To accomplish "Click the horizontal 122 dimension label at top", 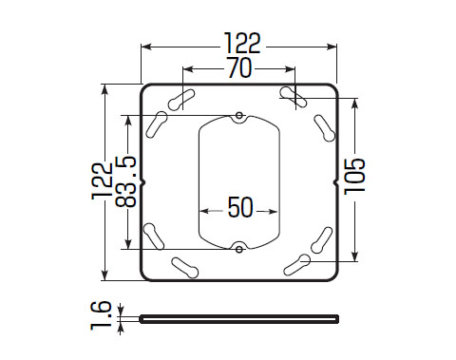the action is coord(242,43).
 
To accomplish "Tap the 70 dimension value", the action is coord(240,67).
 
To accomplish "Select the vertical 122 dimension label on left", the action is coord(102,181).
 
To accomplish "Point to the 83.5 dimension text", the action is coord(125,181).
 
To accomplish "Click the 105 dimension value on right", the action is coord(354,176).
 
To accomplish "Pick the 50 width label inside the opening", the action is coord(240,208).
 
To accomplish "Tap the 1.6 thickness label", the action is coord(101,315).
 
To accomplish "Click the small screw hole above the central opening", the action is coord(239,115).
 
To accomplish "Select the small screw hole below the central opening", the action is coord(239,250).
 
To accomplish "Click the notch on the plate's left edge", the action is coord(142,182).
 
